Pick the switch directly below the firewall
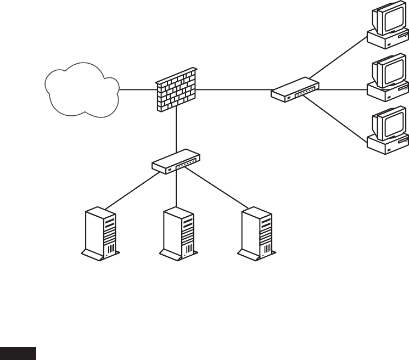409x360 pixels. pyautogui.click(x=176, y=161)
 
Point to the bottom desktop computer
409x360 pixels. pyautogui.click(x=389, y=132)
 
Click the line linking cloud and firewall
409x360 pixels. pyautogui.click(x=137, y=89)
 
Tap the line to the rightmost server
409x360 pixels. pyautogui.click(x=217, y=188)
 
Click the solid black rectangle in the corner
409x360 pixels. pyautogui.click(x=18, y=353)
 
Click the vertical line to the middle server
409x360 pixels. pyautogui.click(x=176, y=189)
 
